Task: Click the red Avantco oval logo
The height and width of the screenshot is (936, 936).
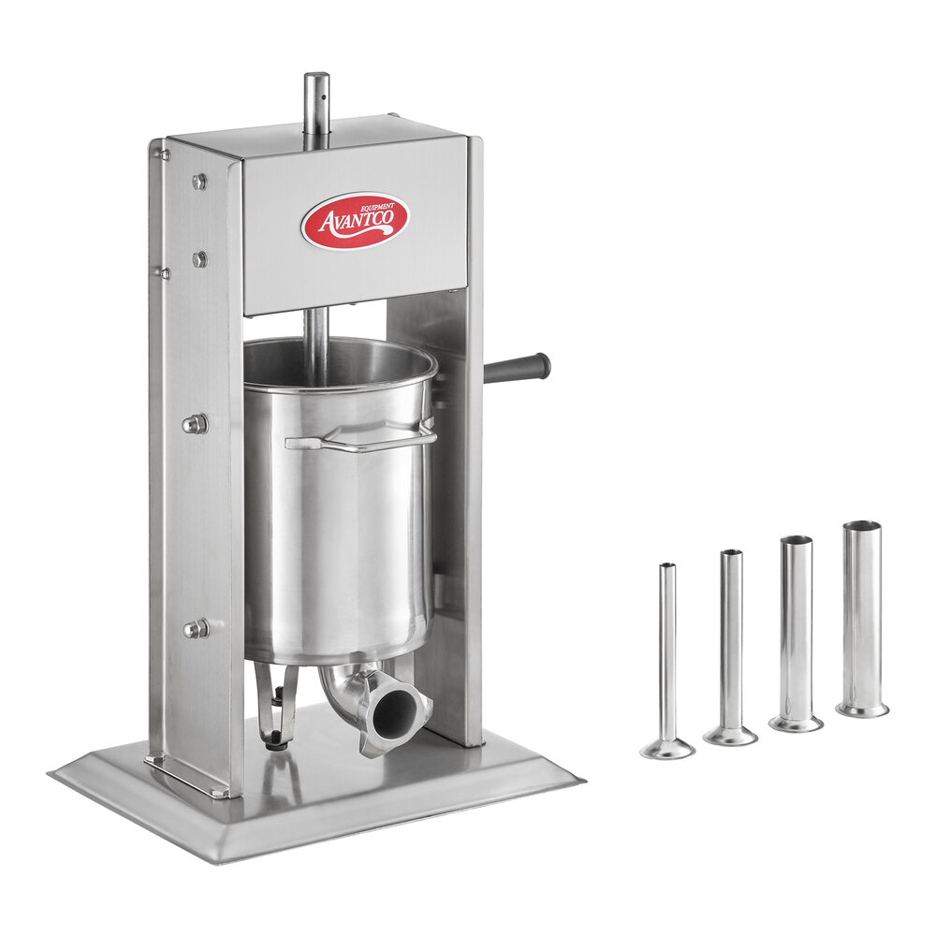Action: pos(355,220)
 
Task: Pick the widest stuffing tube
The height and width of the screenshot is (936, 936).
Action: pos(862,619)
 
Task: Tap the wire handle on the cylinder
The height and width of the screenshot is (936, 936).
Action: pos(359,438)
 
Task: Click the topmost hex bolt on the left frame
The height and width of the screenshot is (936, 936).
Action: pos(199,182)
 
